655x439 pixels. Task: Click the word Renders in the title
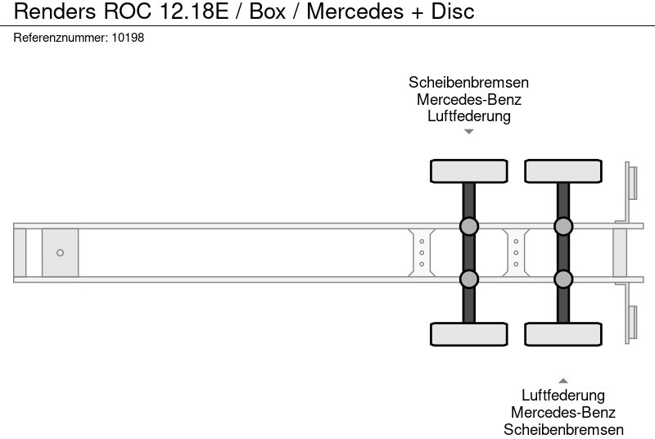point(52,12)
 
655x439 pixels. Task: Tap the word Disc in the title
point(449,12)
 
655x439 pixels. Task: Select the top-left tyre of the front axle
point(469,171)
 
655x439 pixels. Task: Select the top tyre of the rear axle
point(563,171)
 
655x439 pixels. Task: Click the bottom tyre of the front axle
point(469,334)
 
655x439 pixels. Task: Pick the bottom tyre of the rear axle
point(563,334)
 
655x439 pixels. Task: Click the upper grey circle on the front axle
point(469,226)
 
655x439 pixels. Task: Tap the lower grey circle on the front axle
point(469,279)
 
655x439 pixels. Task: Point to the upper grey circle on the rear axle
point(563,226)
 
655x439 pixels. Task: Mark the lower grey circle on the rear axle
point(563,279)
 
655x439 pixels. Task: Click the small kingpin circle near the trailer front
point(60,253)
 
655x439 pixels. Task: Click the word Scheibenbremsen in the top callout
point(468,83)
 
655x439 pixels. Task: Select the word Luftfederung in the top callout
point(468,115)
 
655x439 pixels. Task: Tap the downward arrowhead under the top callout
point(468,132)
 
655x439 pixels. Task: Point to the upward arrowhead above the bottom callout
point(563,380)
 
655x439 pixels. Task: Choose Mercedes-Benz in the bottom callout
point(563,413)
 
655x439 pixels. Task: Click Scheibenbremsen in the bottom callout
point(563,429)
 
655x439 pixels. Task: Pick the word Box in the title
point(269,12)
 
